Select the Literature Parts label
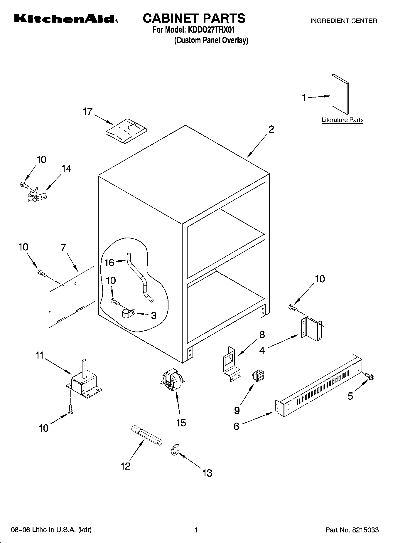click(343, 120)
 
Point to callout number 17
click(87, 112)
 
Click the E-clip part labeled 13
click(175, 450)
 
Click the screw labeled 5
click(369, 376)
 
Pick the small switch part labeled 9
click(258, 376)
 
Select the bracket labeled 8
click(231, 364)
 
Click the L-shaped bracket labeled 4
click(311, 330)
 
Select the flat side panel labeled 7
click(70, 297)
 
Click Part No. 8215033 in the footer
click(352, 530)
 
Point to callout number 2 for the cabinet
click(271, 129)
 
